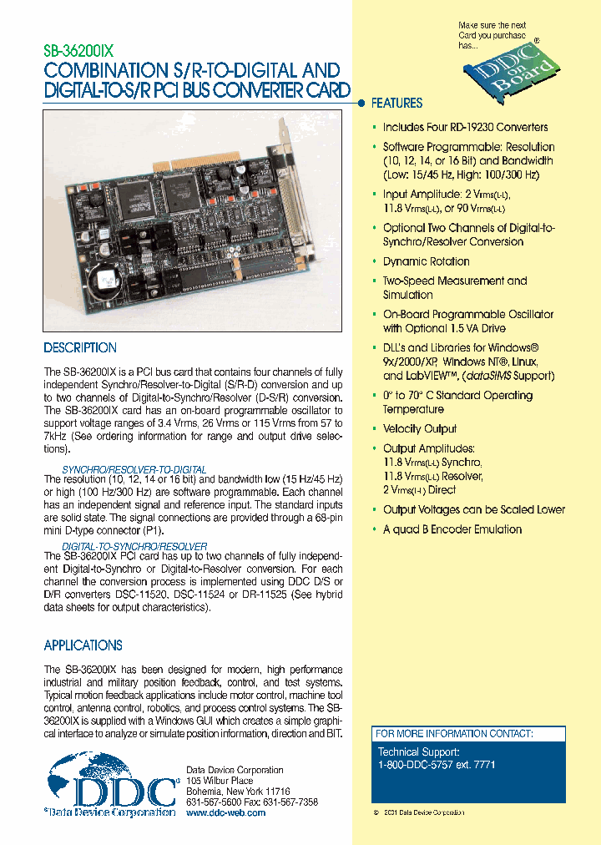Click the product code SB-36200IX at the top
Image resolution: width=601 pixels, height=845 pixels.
[82, 49]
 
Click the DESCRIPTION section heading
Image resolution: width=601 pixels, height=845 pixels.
[80, 348]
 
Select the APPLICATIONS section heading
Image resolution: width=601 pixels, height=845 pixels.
[83, 645]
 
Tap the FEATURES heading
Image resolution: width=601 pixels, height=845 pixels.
[396, 104]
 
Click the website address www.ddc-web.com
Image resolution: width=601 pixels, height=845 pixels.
[225, 812]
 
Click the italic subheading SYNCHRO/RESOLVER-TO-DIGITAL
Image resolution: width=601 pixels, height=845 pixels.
[134, 470]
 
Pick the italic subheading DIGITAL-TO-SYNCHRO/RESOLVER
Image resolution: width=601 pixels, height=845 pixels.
[134, 546]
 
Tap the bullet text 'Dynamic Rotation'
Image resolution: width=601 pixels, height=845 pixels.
[426, 261]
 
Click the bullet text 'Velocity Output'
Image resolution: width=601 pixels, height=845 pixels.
[420, 429]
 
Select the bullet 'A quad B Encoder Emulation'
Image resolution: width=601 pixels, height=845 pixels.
[452, 529]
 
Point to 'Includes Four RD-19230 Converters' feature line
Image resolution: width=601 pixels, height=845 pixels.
[465, 128]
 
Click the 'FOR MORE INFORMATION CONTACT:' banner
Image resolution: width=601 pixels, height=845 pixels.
[453, 734]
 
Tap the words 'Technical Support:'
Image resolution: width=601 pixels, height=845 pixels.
[413, 751]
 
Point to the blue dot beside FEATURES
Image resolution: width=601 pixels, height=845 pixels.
[361, 104]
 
